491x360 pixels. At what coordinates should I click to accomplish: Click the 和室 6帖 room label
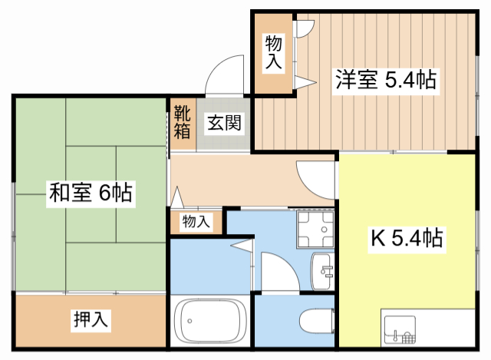91,193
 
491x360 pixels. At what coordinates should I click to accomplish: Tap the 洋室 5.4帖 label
386,80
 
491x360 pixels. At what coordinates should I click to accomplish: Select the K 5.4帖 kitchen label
407,238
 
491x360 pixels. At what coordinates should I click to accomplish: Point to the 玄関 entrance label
224,123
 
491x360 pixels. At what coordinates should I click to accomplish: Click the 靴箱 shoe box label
183,122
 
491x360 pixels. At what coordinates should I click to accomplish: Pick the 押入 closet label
91,319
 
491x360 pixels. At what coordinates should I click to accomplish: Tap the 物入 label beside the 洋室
274,52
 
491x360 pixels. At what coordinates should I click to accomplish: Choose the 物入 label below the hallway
196,222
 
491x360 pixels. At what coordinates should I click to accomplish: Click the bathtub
208,320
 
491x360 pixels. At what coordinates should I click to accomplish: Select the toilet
316,321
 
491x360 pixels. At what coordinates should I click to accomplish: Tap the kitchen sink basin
400,329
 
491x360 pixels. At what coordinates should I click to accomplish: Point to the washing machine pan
315,230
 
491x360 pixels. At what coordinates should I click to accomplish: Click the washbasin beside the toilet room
321,271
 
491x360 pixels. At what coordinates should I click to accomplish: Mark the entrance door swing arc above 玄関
216,67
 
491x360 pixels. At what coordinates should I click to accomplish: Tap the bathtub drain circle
189,321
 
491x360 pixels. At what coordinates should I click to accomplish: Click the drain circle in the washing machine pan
325,230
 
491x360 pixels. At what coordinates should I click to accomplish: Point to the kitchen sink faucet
396,336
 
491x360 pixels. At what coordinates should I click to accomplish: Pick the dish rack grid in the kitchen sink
408,338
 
